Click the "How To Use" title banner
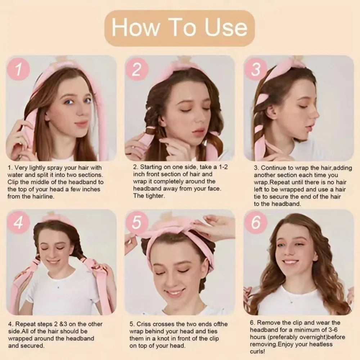(x=180, y=28)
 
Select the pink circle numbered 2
(x=136, y=69)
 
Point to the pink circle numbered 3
(x=255, y=69)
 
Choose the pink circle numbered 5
(x=136, y=223)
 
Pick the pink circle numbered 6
(x=255, y=223)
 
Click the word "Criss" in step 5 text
(x=146, y=324)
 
